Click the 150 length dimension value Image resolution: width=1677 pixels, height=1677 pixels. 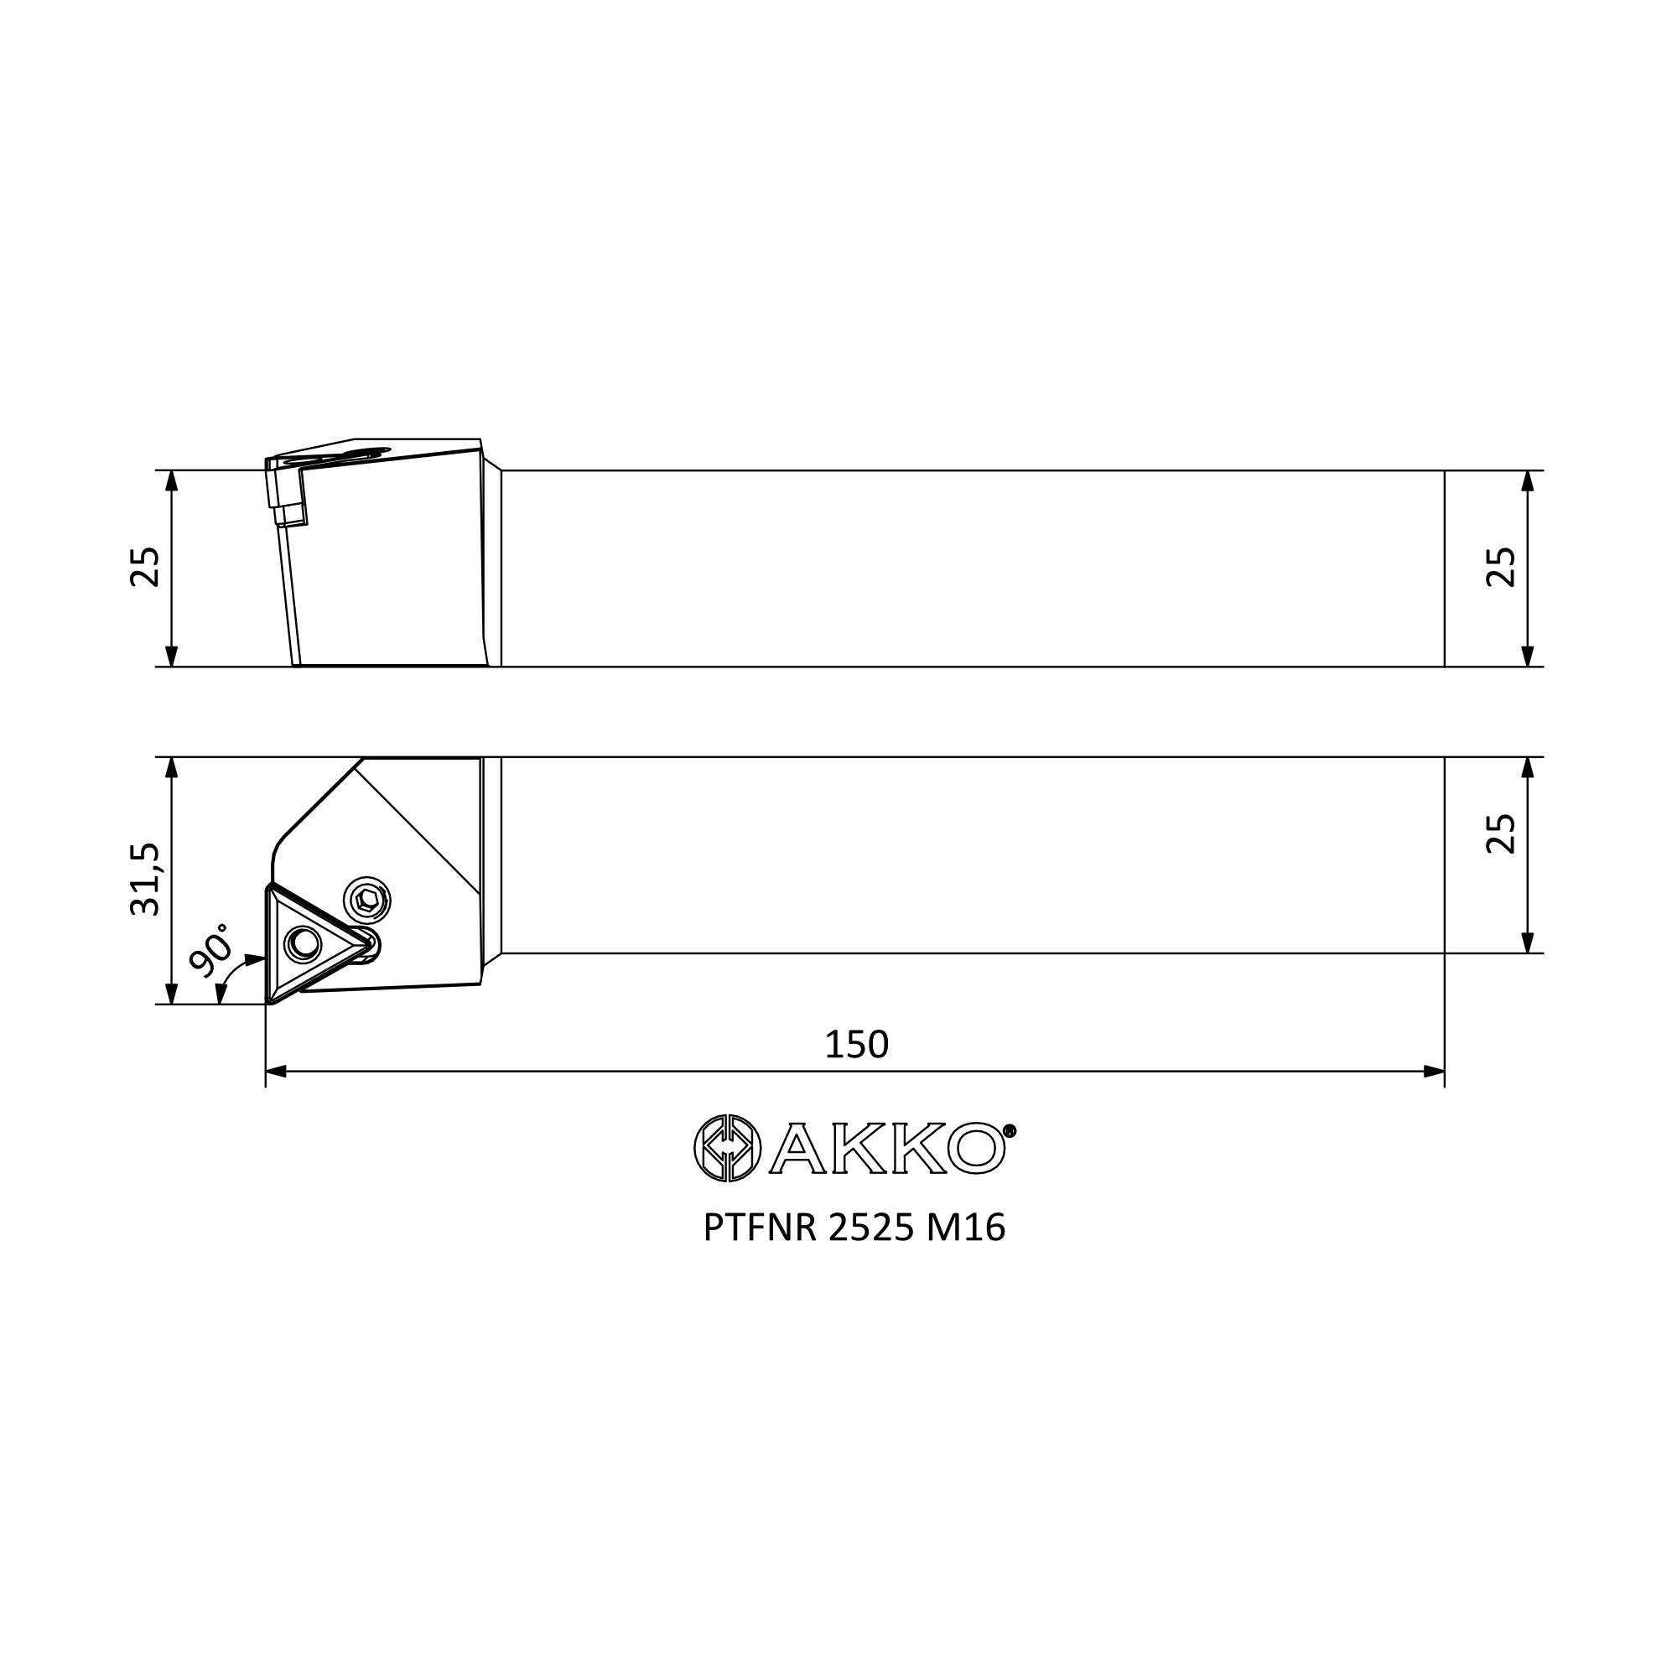(856, 1045)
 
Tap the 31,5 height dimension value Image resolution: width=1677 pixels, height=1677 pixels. (145, 880)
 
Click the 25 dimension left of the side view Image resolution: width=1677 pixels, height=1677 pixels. (145, 568)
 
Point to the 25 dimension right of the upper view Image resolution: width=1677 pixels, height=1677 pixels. (1501, 568)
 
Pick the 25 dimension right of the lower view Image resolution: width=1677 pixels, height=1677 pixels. (1501, 834)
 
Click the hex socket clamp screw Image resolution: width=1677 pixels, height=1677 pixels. (367, 900)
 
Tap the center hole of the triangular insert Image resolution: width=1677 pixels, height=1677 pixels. (303, 942)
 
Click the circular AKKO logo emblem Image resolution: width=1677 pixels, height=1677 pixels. (727, 1149)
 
